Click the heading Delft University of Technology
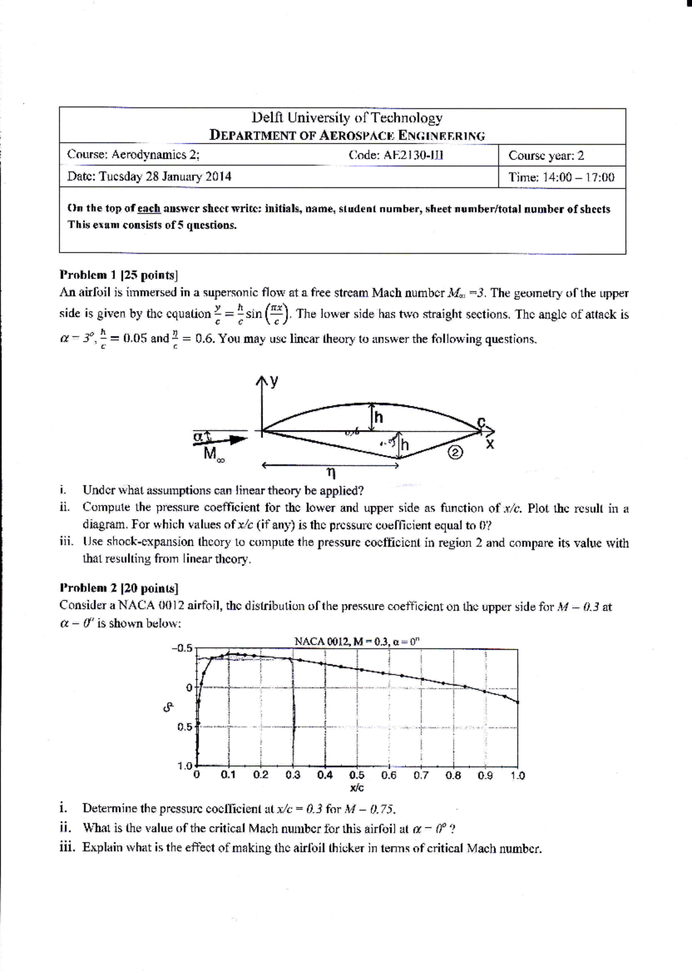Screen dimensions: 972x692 pyautogui.click(x=347, y=118)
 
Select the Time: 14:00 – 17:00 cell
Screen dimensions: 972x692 pyautogui.click(x=561, y=177)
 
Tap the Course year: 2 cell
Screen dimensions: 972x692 pyautogui.click(x=546, y=155)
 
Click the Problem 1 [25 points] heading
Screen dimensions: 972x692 pyautogui.click(x=119, y=275)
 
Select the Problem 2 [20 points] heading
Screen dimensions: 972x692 pyautogui.click(x=119, y=588)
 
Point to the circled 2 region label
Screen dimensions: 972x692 pyautogui.click(x=455, y=453)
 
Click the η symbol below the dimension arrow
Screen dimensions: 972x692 pyautogui.click(x=330, y=473)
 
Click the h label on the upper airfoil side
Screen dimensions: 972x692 pyautogui.click(x=379, y=417)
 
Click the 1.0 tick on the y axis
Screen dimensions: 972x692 pyautogui.click(x=184, y=766)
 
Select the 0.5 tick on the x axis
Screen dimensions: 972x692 pyautogui.click(x=356, y=775)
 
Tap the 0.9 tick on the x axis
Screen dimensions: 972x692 pyautogui.click(x=485, y=775)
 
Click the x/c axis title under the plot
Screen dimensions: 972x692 pyautogui.click(x=356, y=787)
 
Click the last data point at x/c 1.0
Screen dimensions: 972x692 pyautogui.click(x=517, y=702)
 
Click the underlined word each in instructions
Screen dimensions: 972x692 pyautogui.click(x=149, y=209)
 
